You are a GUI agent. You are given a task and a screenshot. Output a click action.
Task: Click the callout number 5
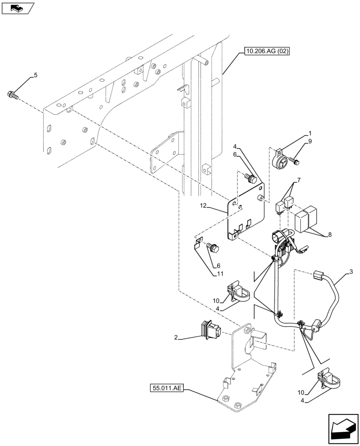coord(36,75)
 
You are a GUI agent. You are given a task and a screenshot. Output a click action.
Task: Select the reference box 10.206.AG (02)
coord(266,52)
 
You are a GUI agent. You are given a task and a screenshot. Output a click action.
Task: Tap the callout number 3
coord(352,272)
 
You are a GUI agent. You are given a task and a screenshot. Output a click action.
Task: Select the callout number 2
coord(177,339)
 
